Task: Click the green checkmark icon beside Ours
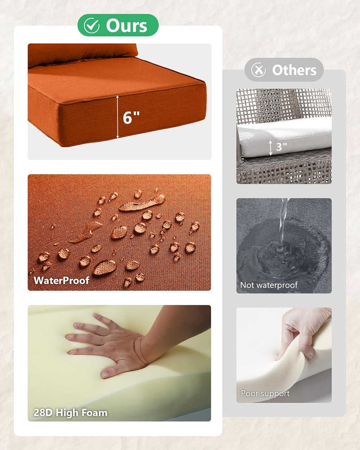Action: (91, 26)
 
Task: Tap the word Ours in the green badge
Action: (127, 26)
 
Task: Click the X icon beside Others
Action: (258, 70)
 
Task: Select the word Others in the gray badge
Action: (294, 70)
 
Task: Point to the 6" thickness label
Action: (131, 118)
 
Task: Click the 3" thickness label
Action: (282, 147)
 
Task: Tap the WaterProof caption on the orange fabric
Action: (62, 280)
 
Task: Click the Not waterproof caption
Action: (269, 285)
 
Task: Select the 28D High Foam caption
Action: (71, 413)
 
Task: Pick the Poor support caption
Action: (265, 393)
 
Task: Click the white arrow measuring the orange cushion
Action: (117, 117)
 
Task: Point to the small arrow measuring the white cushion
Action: (271, 148)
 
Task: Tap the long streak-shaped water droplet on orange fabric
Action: (142, 203)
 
